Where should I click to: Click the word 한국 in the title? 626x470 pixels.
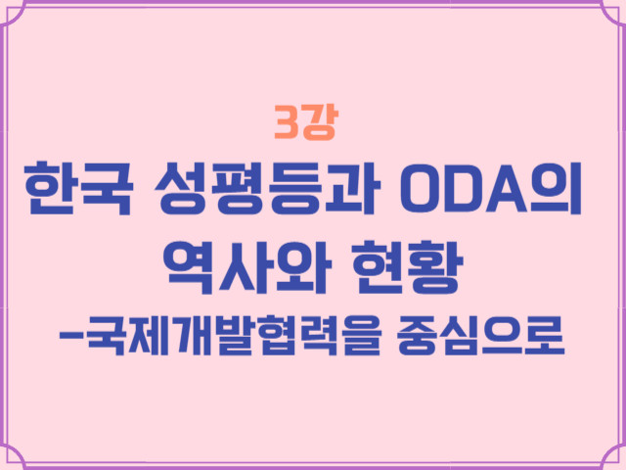point(79,189)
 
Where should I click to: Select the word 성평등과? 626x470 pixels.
point(267,189)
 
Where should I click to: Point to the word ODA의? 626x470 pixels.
point(491,189)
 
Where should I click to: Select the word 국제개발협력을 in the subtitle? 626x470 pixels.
point(234,335)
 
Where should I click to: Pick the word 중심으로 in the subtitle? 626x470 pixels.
point(481,335)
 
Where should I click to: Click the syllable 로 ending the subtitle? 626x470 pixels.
point(545,335)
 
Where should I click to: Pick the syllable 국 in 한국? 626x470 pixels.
point(107,189)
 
